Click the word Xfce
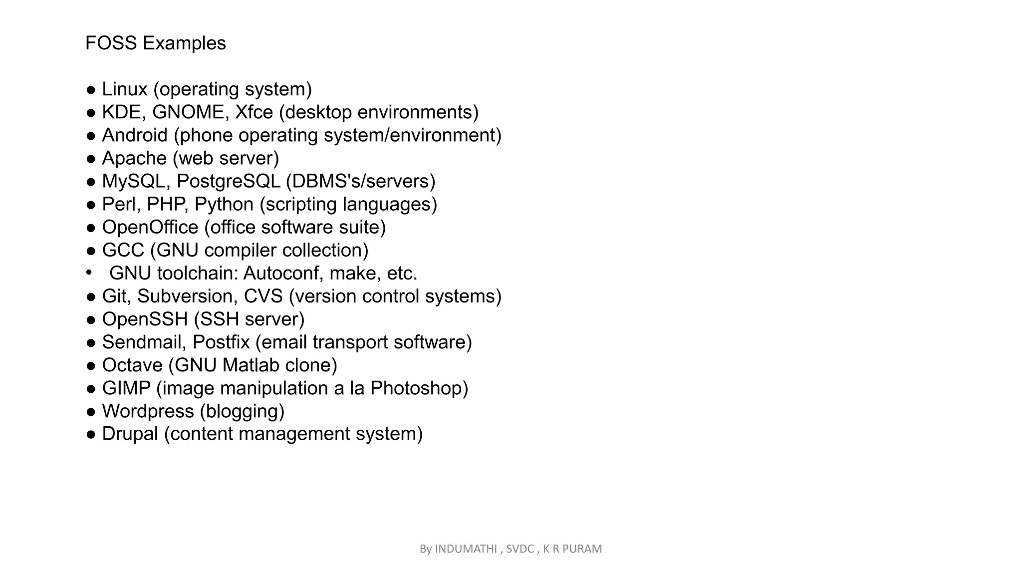click(x=254, y=112)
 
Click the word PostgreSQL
click(x=229, y=181)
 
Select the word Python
click(x=224, y=204)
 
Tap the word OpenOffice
click(x=150, y=227)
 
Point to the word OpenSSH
click(x=145, y=319)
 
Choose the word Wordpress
click(x=148, y=411)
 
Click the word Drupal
click(x=130, y=434)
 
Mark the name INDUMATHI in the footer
click(x=466, y=549)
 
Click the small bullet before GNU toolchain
click(x=89, y=273)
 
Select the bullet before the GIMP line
click(x=91, y=388)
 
